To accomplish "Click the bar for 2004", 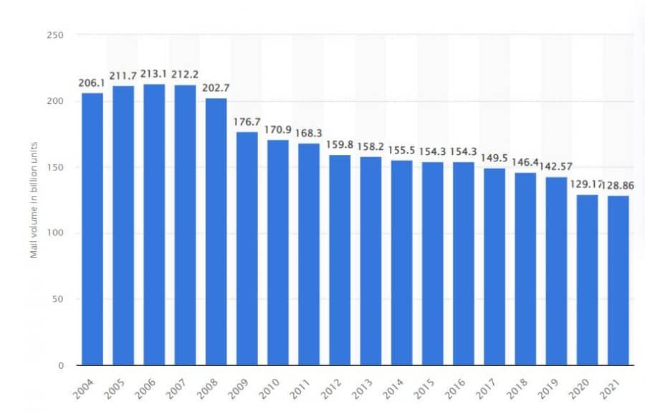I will (92, 229).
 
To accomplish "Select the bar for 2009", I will (247, 248).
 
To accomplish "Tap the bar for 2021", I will (618, 280).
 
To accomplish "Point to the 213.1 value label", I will (154, 75).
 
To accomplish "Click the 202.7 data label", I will (216, 89).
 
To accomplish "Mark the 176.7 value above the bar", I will (247, 122).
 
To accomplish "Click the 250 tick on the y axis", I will (56, 35).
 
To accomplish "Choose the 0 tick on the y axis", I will (62, 365).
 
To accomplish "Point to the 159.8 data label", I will (340, 145).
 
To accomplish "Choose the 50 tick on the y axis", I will (59, 299).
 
